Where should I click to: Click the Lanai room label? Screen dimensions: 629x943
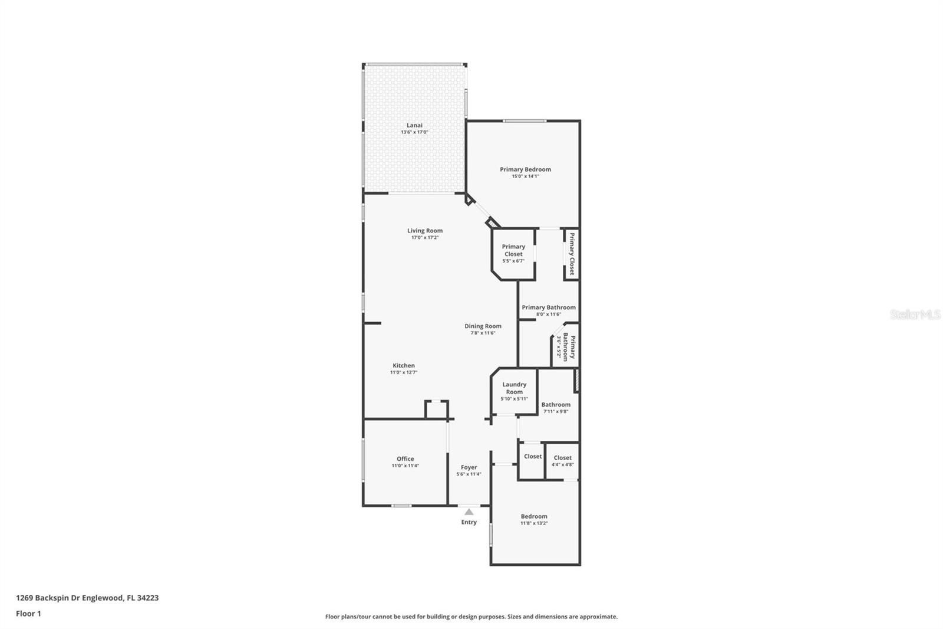click(414, 125)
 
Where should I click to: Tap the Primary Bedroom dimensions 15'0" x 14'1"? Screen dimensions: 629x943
click(525, 176)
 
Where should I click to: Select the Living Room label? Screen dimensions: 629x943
click(424, 231)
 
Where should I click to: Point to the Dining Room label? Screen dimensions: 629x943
click(483, 326)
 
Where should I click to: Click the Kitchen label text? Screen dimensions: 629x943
click(404, 365)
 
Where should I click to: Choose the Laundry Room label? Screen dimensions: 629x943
click(514, 388)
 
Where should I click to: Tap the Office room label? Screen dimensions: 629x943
click(405, 458)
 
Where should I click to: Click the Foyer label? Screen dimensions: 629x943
click(469, 467)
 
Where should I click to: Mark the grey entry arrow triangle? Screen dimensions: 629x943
click(469, 512)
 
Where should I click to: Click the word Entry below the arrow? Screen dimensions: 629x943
click(469, 522)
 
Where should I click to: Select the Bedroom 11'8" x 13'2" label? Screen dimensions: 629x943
click(533, 519)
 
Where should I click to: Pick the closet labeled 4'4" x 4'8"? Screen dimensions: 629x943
click(562, 460)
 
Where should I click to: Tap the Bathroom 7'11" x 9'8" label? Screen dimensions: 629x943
click(555, 408)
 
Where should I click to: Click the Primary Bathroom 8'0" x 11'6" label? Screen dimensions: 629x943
click(548, 310)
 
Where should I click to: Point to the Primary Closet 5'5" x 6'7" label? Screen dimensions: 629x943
click(513, 253)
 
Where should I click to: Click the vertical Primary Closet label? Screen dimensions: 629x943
click(572, 254)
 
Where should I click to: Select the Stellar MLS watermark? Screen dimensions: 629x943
click(915, 314)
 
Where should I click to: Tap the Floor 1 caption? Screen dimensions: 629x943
click(28, 614)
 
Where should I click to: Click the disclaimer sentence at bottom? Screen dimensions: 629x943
click(471, 617)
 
